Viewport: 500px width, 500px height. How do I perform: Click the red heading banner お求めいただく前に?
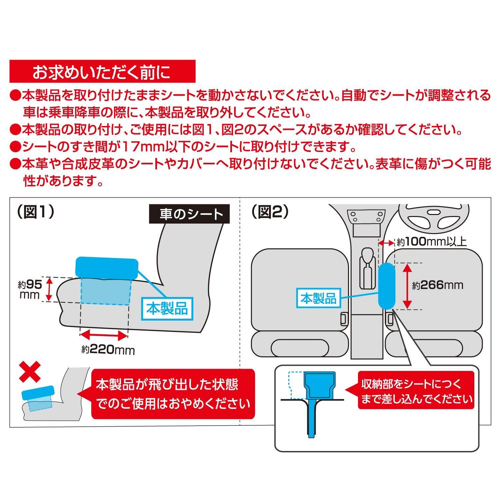pos(102,71)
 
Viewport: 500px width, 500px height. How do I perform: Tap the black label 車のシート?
pos(189,214)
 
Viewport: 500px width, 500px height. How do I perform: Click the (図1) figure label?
pos(35,212)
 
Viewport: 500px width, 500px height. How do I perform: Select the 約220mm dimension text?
pos(108,350)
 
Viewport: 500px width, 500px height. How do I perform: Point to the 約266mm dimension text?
pos(438,285)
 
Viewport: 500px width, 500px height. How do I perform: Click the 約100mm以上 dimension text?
pos(431,242)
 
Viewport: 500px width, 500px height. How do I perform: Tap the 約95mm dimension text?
pos(30,289)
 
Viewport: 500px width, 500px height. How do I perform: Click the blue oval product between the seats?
pos(387,286)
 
